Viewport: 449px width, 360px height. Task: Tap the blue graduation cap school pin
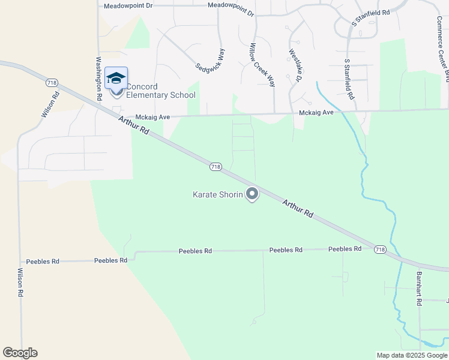tap(116, 79)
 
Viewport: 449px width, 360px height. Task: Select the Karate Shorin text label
tap(217, 194)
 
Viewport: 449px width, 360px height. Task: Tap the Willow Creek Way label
tap(262, 65)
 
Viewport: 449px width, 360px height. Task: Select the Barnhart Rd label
tap(419, 289)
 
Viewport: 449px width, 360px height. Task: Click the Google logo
tap(20, 353)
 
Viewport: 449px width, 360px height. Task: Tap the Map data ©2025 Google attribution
tap(412, 355)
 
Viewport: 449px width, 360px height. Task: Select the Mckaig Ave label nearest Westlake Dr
tap(317, 113)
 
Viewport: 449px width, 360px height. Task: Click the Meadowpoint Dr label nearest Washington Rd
tap(128, 5)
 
